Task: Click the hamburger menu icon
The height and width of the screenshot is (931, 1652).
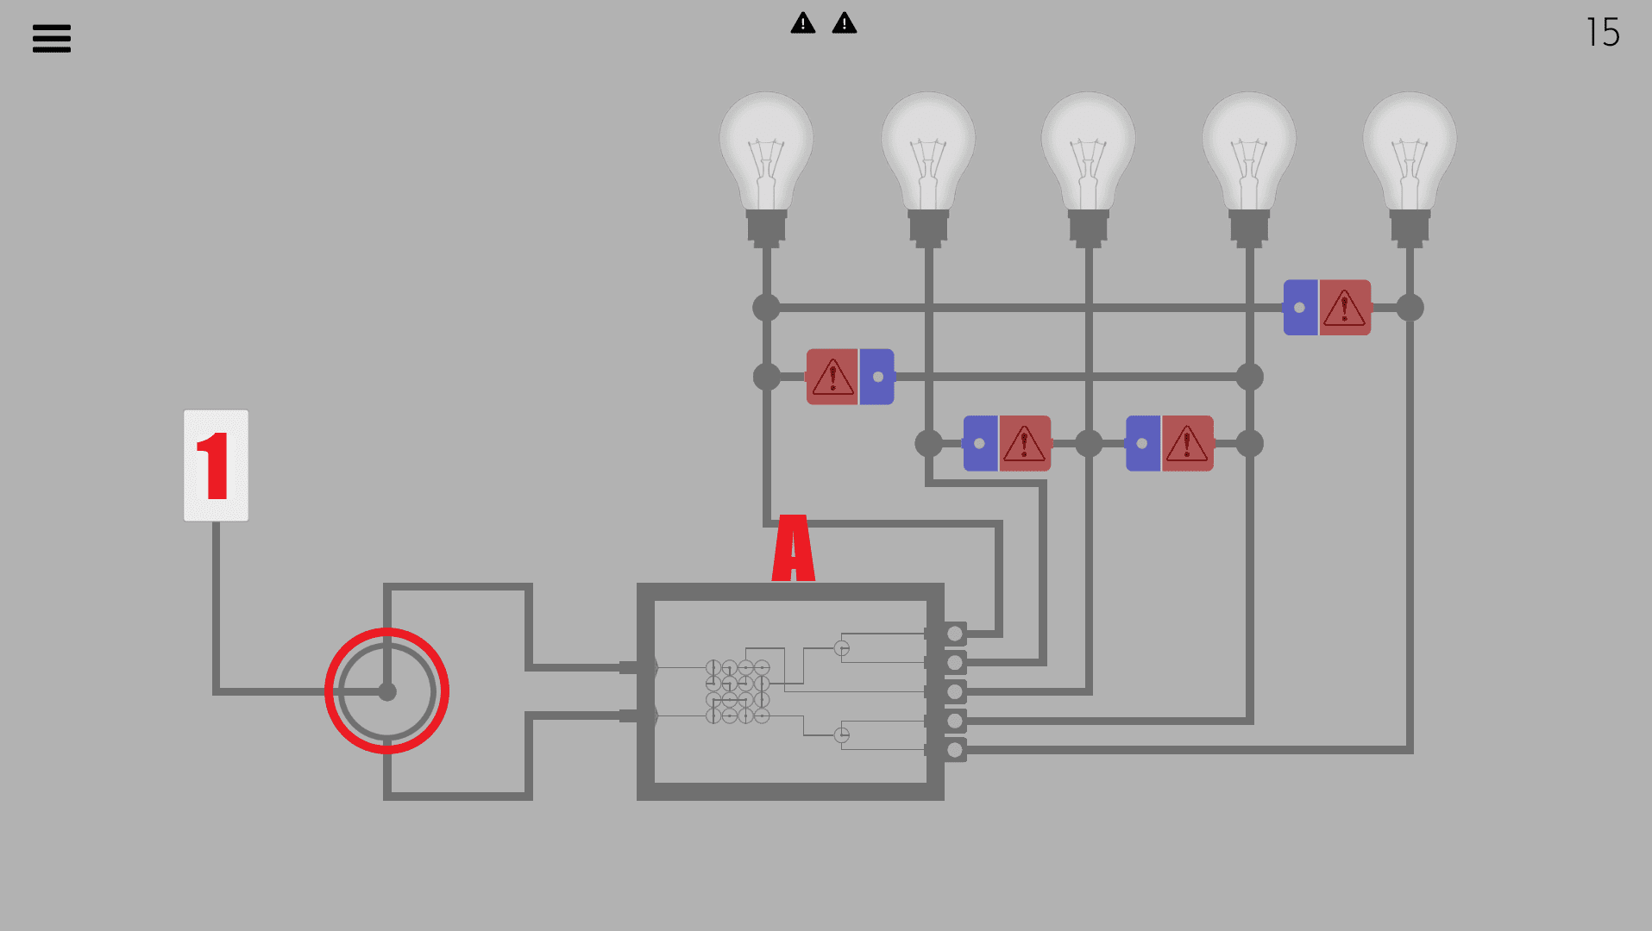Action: click(52, 38)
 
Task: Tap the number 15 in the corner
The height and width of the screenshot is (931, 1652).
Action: click(1602, 33)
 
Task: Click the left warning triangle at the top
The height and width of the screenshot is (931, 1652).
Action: click(803, 23)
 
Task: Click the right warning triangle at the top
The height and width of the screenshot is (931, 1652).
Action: click(845, 23)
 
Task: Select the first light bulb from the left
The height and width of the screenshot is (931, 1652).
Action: click(766, 155)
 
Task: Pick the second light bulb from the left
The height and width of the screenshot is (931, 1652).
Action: click(928, 155)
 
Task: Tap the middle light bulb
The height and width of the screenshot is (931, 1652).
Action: click(1089, 155)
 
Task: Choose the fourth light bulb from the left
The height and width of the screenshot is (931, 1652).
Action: click(1249, 155)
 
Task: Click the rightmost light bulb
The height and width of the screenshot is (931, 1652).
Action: click(1410, 155)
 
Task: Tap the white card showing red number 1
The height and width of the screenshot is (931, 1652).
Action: click(216, 465)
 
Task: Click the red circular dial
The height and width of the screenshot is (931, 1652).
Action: click(386, 690)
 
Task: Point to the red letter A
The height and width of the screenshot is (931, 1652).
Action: click(794, 548)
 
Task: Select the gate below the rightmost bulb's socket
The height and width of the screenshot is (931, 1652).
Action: click(1327, 308)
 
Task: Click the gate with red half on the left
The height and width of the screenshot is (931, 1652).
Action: click(850, 377)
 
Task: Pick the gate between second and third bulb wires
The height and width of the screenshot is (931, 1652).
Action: click(1007, 444)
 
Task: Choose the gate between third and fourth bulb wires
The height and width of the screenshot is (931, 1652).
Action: click(1169, 444)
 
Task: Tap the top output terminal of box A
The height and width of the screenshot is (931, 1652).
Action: click(954, 634)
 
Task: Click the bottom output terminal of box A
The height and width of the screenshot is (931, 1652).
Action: click(954, 750)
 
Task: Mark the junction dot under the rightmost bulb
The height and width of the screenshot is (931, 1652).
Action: click(1410, 308)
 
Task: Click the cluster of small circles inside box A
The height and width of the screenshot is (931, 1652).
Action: click(738, 691)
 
